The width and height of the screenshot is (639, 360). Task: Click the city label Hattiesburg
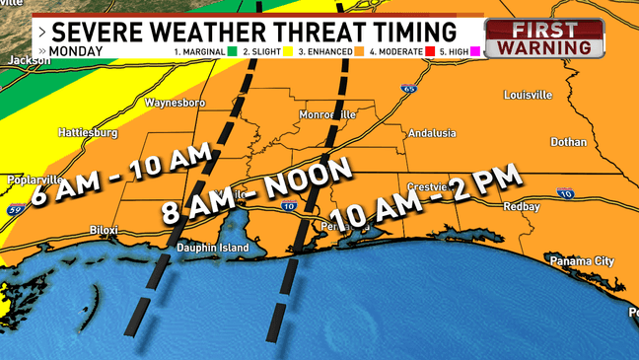89,131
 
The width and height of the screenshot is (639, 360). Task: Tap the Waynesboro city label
175,103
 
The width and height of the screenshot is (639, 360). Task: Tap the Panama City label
582,261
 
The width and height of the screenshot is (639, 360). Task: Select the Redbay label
521,208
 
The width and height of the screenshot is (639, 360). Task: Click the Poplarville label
34,180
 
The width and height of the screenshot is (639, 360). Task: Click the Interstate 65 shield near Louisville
407,89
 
